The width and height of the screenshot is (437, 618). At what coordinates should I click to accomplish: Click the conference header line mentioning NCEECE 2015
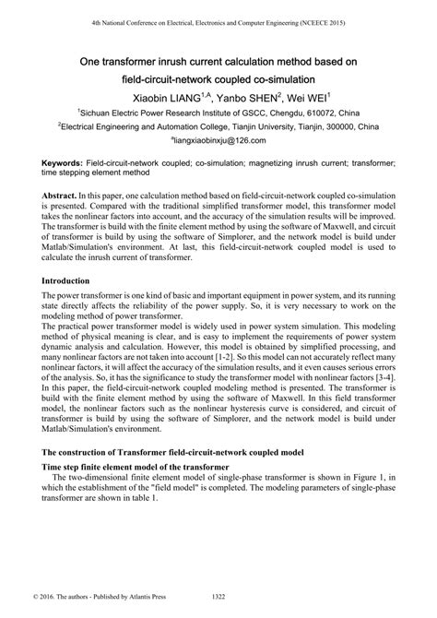(218, 20)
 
